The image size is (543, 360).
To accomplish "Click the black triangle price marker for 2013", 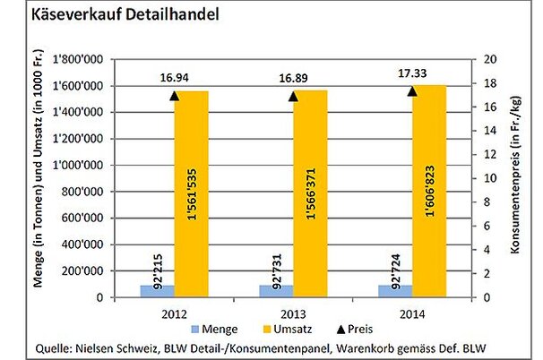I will pyautogui.click(x=294, y=96).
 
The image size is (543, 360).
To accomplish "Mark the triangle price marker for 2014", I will pyautogui.click(x=412, y=90).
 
